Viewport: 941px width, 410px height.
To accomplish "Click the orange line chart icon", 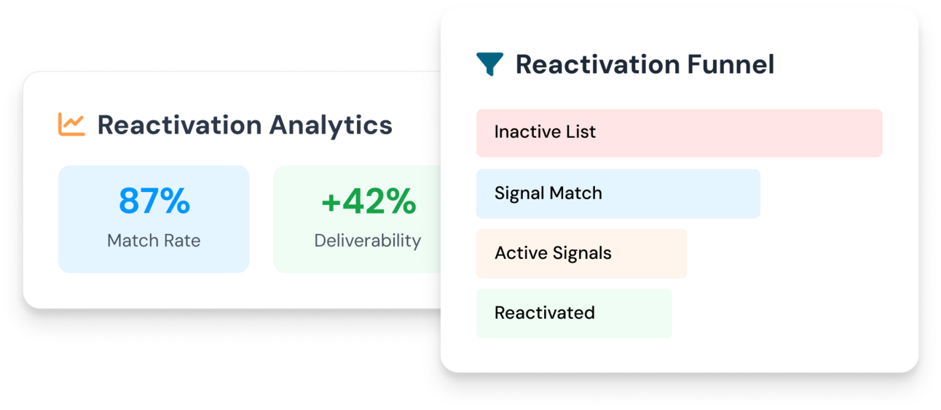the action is [71, 124].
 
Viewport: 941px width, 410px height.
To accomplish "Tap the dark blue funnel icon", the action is [489, 64].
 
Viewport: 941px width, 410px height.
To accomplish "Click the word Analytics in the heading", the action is [331, 125].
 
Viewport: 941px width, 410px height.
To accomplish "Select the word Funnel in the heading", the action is [731, 64].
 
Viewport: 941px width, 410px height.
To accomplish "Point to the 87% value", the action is [154, 201].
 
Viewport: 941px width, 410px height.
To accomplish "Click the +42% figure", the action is [369, 201].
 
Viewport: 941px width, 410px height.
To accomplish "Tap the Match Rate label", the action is [154, 240].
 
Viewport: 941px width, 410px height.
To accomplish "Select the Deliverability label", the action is [368, 241].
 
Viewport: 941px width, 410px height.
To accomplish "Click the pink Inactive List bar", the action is [680, 133].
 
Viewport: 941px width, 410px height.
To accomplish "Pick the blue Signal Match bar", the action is [618, 193].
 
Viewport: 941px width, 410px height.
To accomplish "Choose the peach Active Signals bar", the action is [581, 253].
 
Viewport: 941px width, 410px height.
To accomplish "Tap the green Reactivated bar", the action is [574, 313].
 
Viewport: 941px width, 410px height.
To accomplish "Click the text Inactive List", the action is [545, 132].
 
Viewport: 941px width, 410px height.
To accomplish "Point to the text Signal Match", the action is [548, 193].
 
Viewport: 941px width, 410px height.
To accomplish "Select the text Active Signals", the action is [553, 253].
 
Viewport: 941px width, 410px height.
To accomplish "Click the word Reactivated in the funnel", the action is [545, 313].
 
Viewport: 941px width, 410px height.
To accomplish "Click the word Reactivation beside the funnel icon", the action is [597, 64].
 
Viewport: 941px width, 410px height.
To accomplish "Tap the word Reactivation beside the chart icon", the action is [179, 125].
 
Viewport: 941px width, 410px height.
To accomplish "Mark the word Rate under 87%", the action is [182, 240].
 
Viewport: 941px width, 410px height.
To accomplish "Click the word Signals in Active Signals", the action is [582, 253].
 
